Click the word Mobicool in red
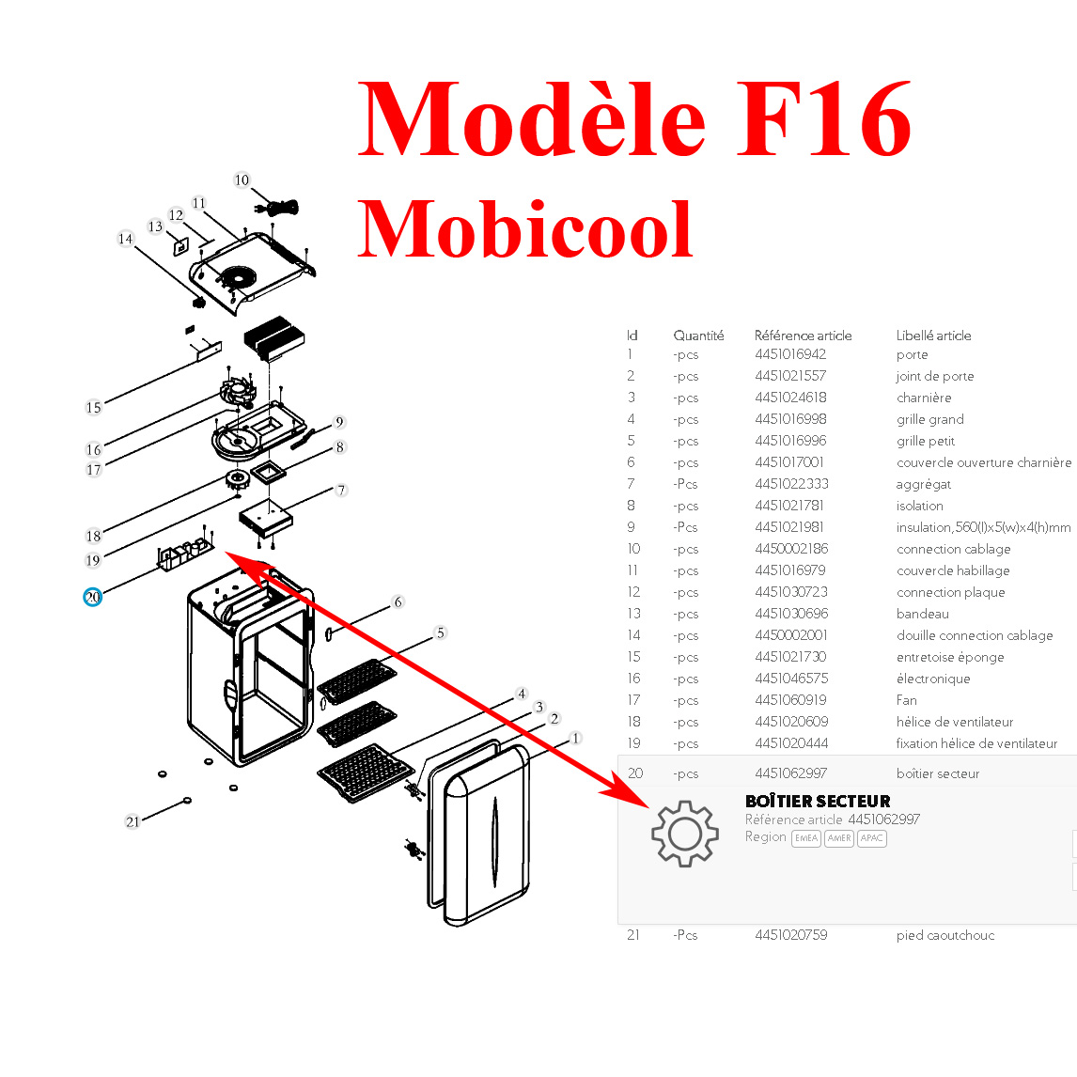click(524, 229)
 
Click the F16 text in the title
click(823, 120)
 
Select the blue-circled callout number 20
click(92, 597)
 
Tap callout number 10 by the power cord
click(242, 180)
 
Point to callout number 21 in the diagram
click(133, 821)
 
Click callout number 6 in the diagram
click(398, 602)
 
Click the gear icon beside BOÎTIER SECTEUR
click(684, 834)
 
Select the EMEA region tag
click(805, 838)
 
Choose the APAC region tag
click(871, 838)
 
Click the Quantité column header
click(698, 336)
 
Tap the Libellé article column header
click(933, 336)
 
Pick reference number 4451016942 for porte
click(790, 354)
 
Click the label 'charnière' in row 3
click(924, 398)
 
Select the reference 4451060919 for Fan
click(790, 700)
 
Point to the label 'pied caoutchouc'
click(944, 935)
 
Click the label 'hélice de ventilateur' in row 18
click(955, 722)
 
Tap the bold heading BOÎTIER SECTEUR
click(818, 801)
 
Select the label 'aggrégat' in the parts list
click(923, 484)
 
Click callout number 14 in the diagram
click(125, 239)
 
